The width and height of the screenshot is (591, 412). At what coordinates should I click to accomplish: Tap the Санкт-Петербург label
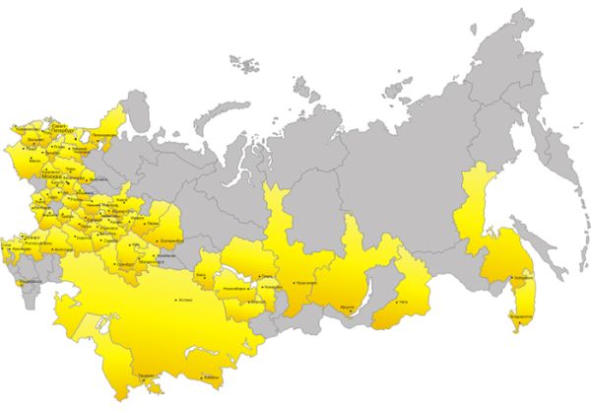58,126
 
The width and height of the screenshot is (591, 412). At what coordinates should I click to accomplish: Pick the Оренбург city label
125,265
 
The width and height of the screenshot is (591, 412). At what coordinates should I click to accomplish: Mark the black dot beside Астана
175,299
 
